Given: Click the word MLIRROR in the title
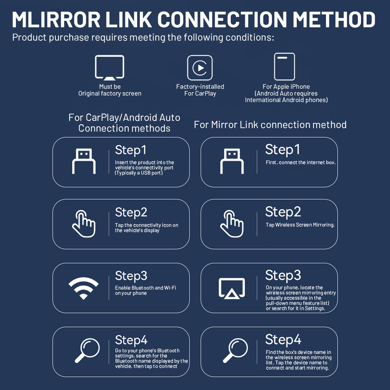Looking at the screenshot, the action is click(56, 19).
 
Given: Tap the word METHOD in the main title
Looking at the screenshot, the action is click(334, 19).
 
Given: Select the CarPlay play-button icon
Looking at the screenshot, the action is click(200, 68).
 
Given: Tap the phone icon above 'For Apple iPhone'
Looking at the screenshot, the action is click(284, 67).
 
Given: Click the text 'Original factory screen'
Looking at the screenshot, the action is click(110, 94).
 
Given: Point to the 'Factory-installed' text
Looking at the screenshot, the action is click(200, 87).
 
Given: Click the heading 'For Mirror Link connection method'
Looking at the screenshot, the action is click(270, 125).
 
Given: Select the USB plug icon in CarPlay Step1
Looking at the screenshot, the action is click(84, 161).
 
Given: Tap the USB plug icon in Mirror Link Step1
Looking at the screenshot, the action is click(232, 161).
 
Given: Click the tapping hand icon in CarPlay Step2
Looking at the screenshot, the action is click(84, 224).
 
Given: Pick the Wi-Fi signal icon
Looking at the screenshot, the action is click(84, 288).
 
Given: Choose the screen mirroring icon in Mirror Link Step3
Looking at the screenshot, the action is click(232, 289).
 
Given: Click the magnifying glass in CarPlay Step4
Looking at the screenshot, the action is click(87, 350).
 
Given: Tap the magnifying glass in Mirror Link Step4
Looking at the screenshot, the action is click(235, 350).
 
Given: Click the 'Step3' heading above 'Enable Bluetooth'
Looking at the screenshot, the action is click(131, 276).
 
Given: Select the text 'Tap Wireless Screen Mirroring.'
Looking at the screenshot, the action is click(300, 225).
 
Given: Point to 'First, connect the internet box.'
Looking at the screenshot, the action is click(301, 162).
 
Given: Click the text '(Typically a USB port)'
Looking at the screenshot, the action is click(139, 173).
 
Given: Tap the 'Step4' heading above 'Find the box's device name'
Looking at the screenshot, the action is click(283, 339).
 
